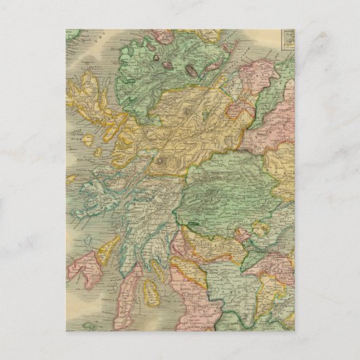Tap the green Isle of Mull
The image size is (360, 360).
pyautogui.click(x=102, y=187)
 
